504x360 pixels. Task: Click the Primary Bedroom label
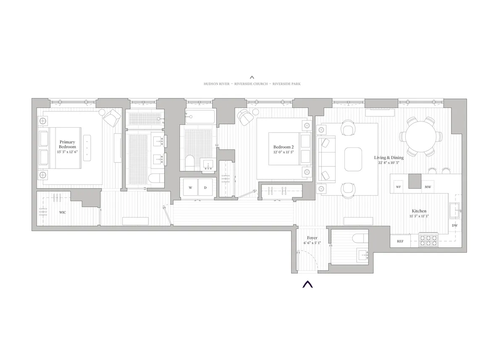click(68, 145)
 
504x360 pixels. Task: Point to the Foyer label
click(312, 238)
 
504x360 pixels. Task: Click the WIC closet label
click(63, 212)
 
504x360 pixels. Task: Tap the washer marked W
click(190, 188)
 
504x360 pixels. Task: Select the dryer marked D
click(205, 188)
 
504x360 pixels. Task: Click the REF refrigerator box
click(400, 241)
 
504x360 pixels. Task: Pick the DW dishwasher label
click(454, 226)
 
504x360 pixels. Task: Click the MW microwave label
click(428, 187)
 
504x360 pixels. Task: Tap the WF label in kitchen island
click(399, 187)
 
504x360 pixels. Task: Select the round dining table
click(420, 137)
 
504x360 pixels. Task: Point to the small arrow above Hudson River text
click(252, 77)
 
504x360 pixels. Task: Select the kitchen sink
click(455, 209)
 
